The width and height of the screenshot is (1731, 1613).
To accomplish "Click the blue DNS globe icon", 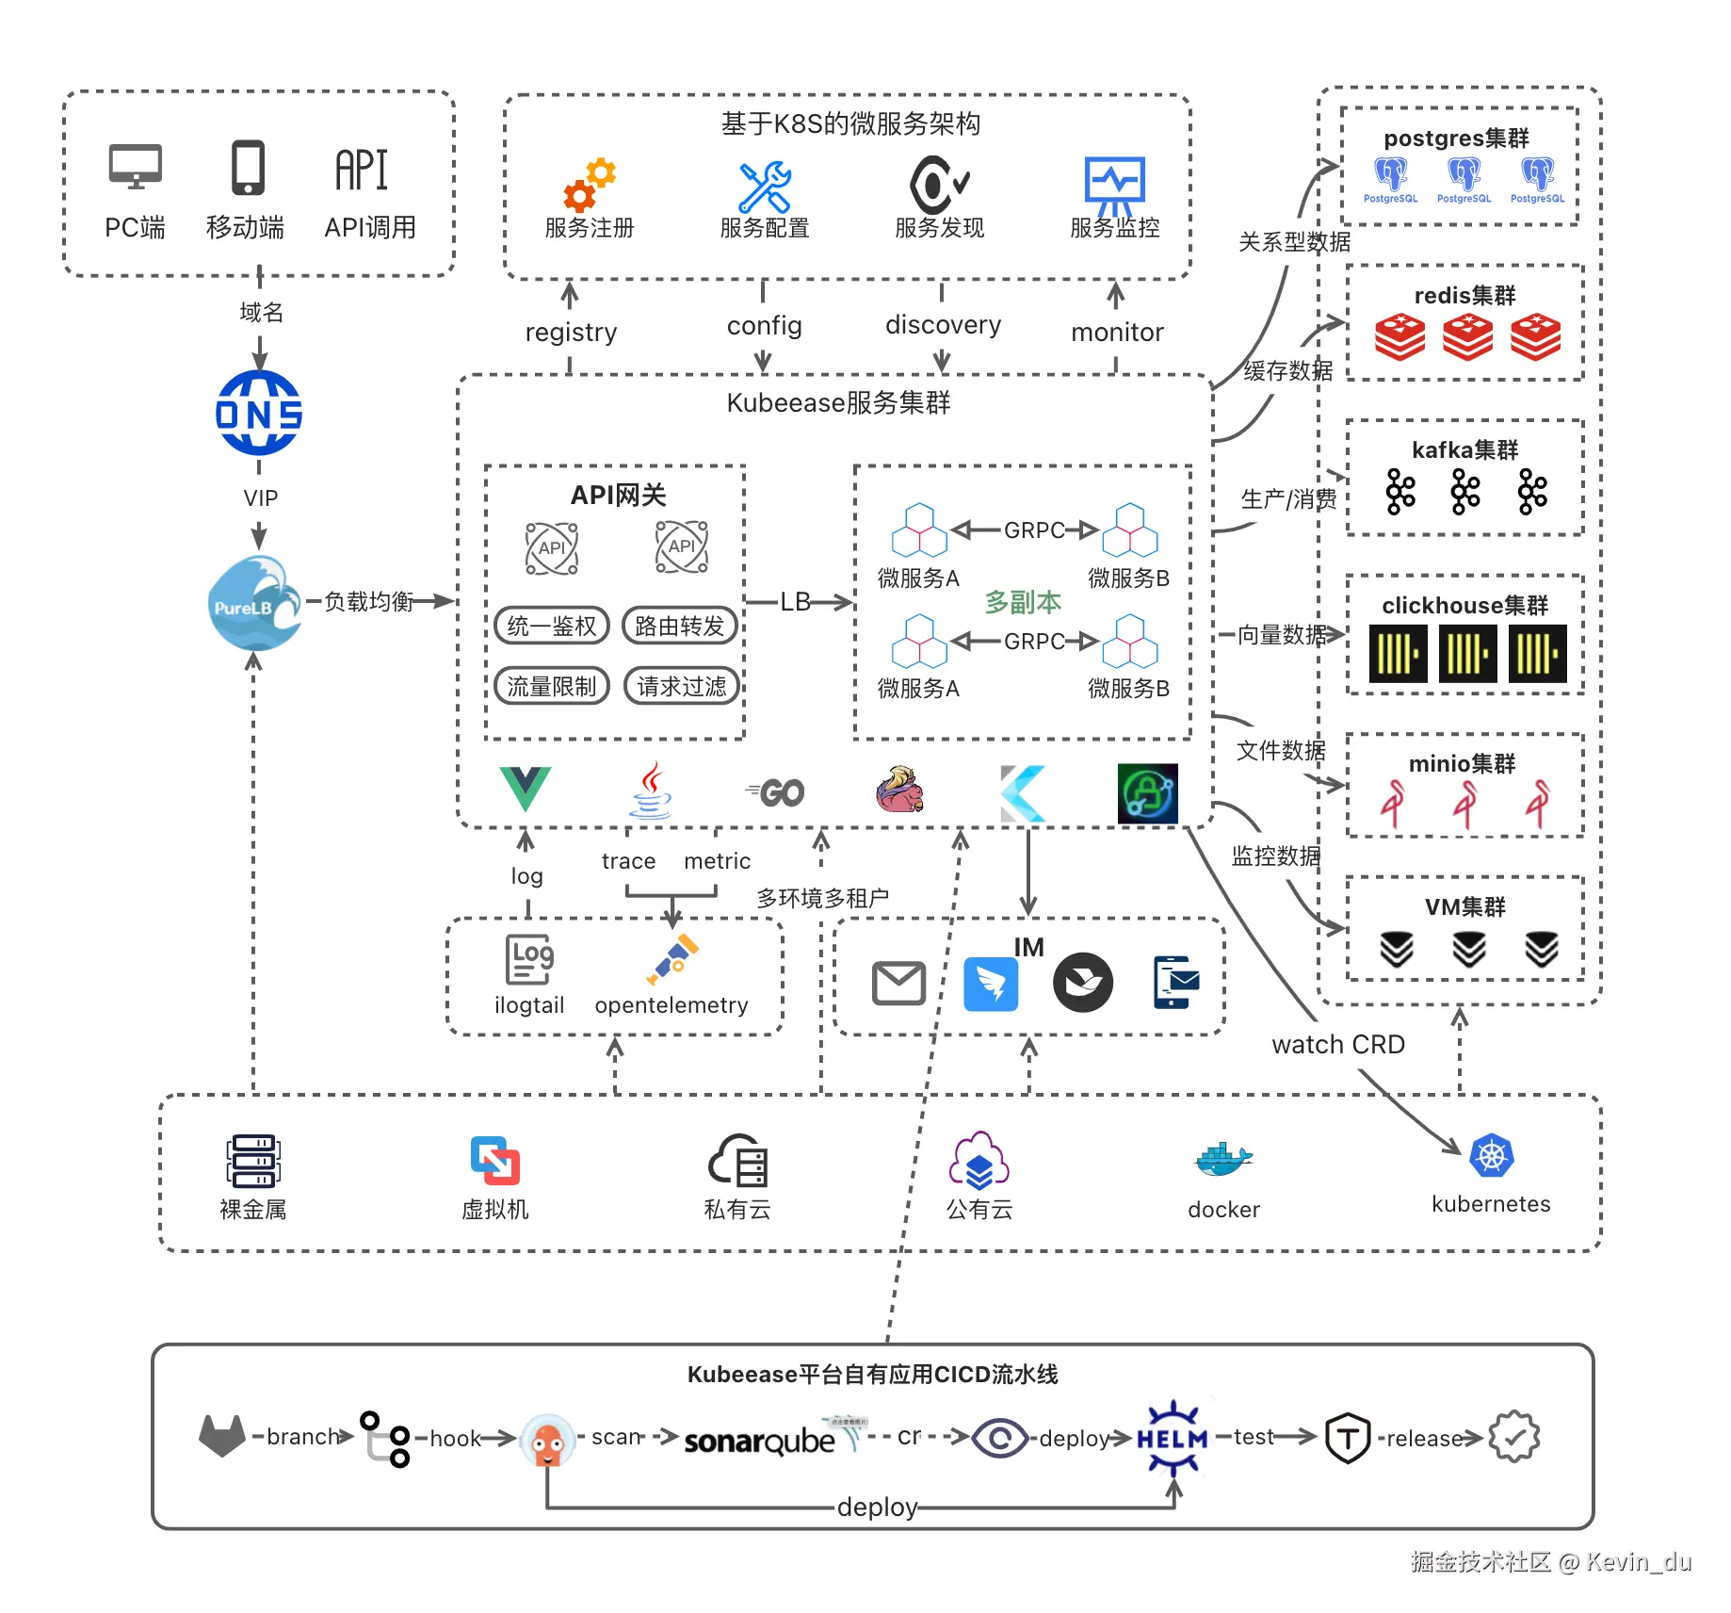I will click(x=259, y=413).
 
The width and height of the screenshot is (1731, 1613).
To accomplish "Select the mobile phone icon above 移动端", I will click(x=248, y=169).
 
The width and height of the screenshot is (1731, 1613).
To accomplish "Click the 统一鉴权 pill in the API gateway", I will click(x=552, y=626).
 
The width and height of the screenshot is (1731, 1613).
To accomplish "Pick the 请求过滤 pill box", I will click(x=682, y=686).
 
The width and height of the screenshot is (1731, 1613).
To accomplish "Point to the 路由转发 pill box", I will click(x=680, y=626).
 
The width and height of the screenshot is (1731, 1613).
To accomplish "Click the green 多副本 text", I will click(x=1023, y=602).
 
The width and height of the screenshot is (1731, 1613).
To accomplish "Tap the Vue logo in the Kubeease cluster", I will click(x=525, y=789).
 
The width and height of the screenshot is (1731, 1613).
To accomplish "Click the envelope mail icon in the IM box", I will click(x=898, y=984).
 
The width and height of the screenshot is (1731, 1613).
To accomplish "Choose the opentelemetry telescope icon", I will click(x=672, y=958).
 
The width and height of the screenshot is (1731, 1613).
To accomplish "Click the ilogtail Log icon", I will click(x=529, y=959).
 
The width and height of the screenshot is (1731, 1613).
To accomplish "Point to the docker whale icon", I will click(x=1222, y=1159).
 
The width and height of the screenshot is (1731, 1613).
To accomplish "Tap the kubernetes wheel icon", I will click(x=1491, y=1156).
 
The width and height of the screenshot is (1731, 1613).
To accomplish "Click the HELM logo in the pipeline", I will click(x=1173, y=1438).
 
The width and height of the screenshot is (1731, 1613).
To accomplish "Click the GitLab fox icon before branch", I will click(x=222, y=1436).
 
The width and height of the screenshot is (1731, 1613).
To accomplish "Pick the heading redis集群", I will click(x=1464, y=296).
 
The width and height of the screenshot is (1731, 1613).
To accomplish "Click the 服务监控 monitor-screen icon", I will click(x=1115, y=183).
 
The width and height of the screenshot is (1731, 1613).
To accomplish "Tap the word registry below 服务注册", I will click(x=571, y=333).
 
